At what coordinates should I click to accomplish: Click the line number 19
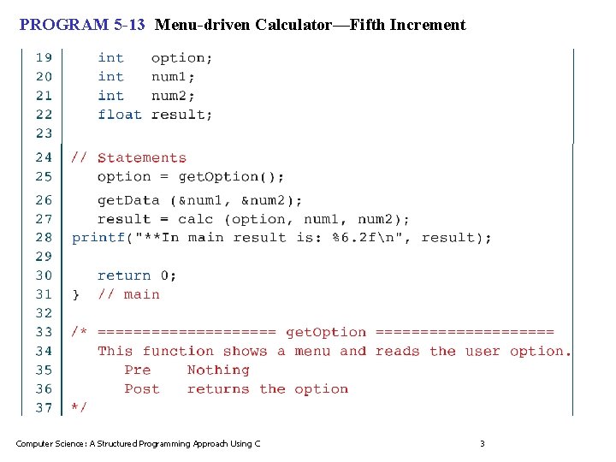[x=44, y=58]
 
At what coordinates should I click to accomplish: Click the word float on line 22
[x=120, y=115]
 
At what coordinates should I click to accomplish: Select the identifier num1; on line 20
[x=174, y=77]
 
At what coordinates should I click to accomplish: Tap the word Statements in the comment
[x=141, y=158]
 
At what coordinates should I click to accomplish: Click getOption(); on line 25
[x=231, y=177]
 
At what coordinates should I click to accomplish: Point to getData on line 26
[x=128, y=201]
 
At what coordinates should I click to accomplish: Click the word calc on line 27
[x=195, y=220]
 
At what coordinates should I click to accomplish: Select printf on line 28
[x=99, y=238]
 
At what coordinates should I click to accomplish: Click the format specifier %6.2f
[x=348, y=238]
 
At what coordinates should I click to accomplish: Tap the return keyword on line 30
[x=124, y=275]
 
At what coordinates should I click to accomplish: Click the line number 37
[x=44, y=408]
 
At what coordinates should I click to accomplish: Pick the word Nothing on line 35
[x=218, y=370]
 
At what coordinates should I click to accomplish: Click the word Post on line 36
[x=141, y=389]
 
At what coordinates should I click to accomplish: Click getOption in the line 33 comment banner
[x=325, y=332]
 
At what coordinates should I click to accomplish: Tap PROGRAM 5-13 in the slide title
[x=82, y=25]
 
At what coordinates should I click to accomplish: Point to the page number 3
[x=482, y=443]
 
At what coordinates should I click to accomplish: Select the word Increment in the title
[x=428, y=25]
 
